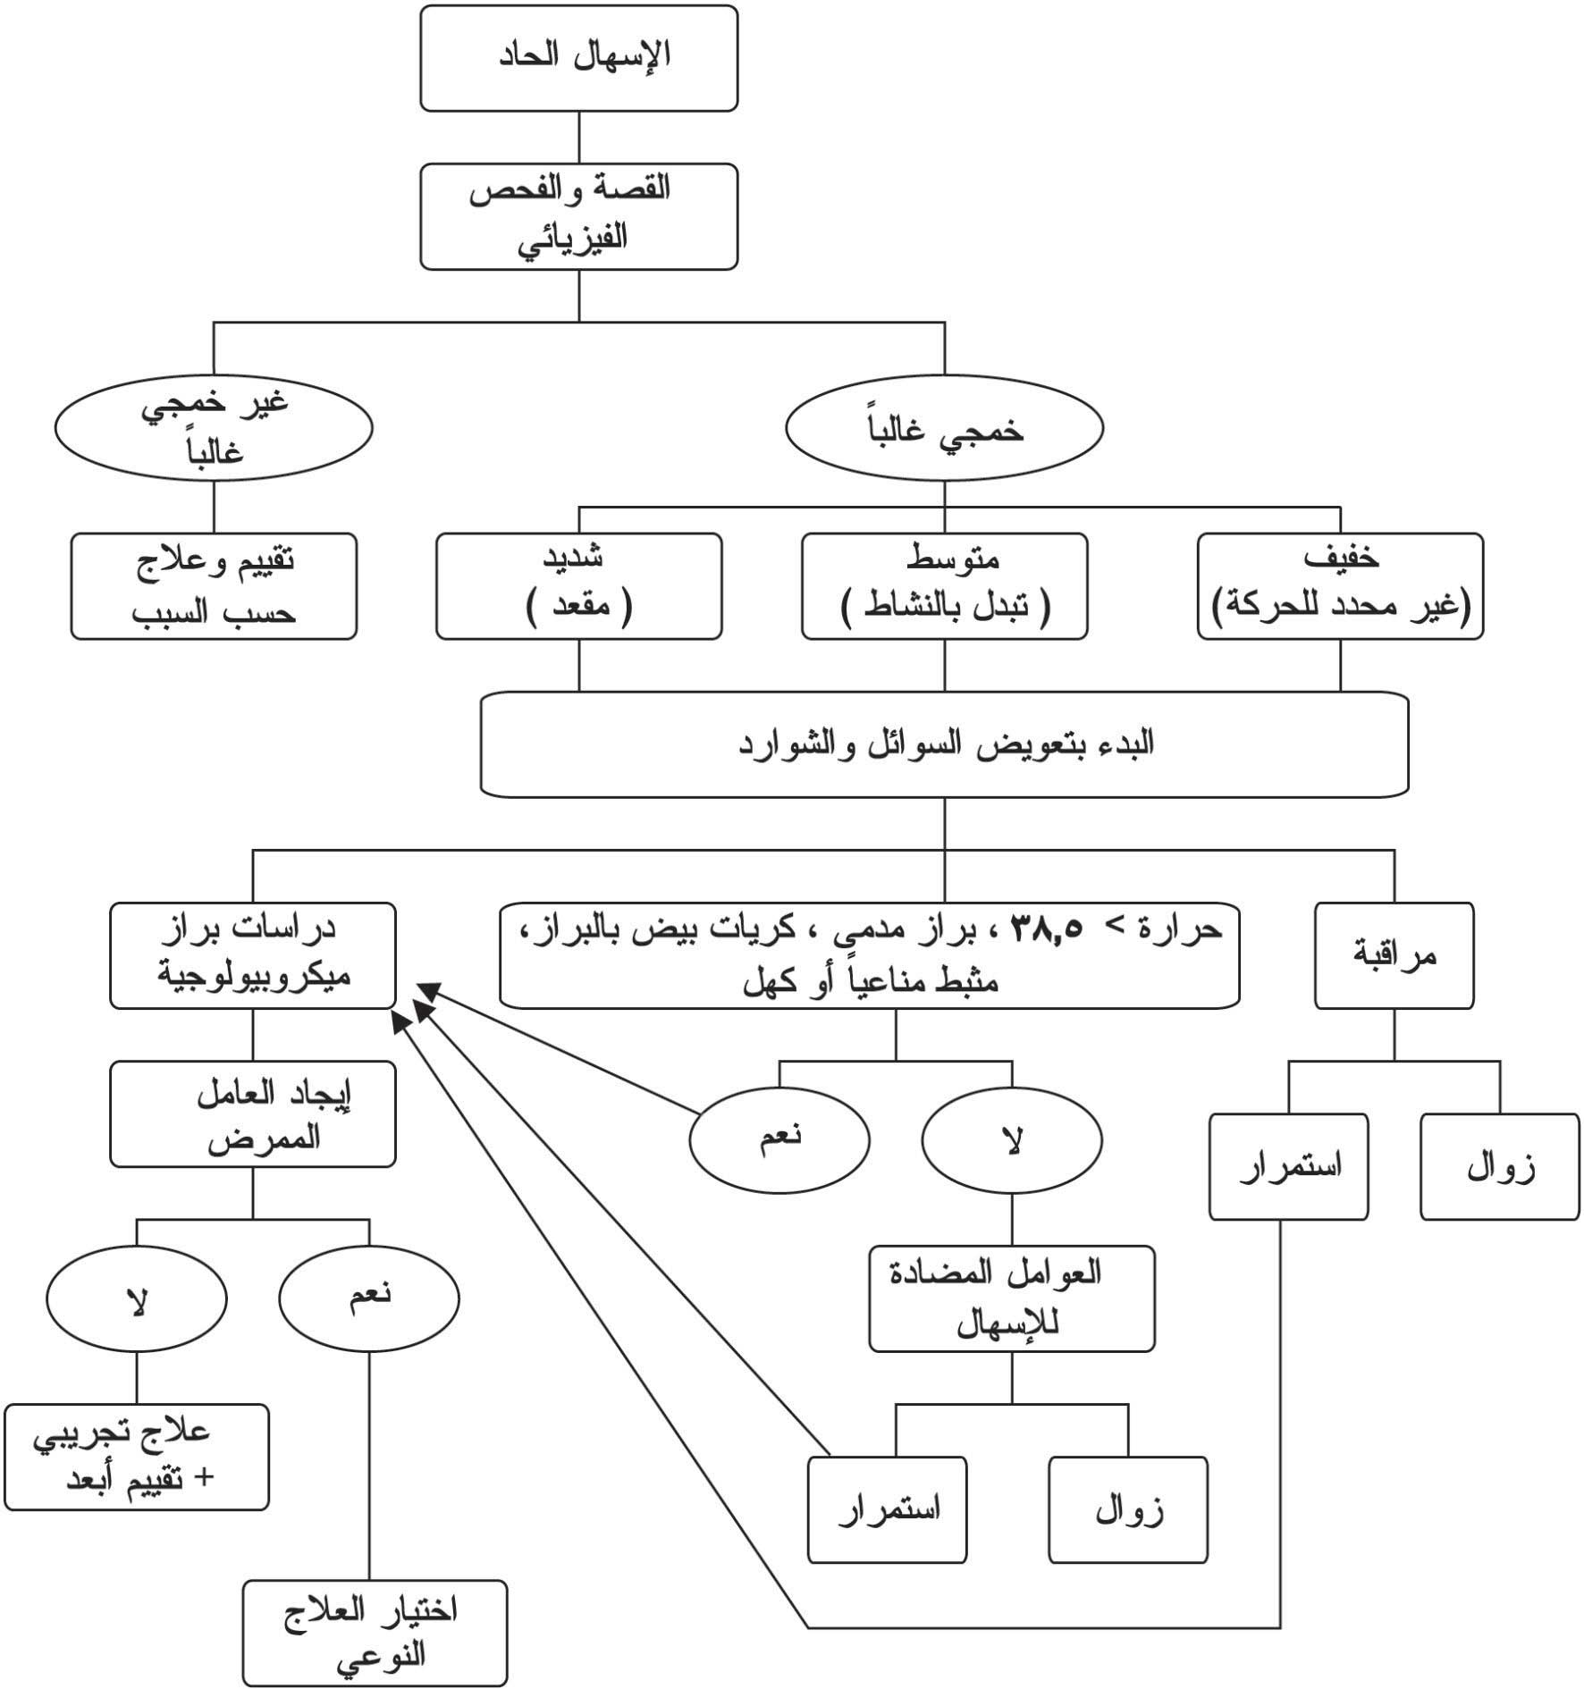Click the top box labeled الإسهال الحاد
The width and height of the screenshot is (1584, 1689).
click(x=578, y=58)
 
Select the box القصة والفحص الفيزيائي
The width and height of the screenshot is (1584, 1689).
click(x=578, y=215)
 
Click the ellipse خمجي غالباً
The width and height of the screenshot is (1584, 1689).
click(x=944, y=429)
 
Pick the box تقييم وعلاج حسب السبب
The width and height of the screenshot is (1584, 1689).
click(x=214, y=586)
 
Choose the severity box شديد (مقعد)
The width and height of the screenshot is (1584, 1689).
click(x=578, y=586)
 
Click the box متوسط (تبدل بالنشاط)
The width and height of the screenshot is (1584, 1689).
click(x=944, y=586)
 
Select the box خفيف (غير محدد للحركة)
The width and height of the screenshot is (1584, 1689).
click(x=1339, y=586)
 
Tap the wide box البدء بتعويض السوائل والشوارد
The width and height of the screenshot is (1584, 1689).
click(x=944, y=744)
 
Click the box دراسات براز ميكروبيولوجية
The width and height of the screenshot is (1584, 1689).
click(x=253, y=955)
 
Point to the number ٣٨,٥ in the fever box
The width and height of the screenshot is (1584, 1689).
click(x=1046, y=930)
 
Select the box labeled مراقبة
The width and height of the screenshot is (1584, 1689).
click(x=1394, y=955)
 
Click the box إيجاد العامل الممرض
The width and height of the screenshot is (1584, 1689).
click(x=253, y=1113)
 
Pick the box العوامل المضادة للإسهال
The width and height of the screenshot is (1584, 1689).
click(x=1012, y=1298)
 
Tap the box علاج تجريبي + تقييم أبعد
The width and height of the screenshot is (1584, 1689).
click(x=136, y=1457)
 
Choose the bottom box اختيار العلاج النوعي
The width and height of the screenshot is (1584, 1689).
click(x=375, y=1633)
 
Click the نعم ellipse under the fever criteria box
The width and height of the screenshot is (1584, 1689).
click(x=779, y=1139)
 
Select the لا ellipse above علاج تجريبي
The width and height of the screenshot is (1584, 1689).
click(x=137, y=1298)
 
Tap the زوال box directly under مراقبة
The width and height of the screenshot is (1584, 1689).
click(x=1499, y=1166)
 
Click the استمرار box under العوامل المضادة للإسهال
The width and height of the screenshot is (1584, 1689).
click(x=887, y=1509)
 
